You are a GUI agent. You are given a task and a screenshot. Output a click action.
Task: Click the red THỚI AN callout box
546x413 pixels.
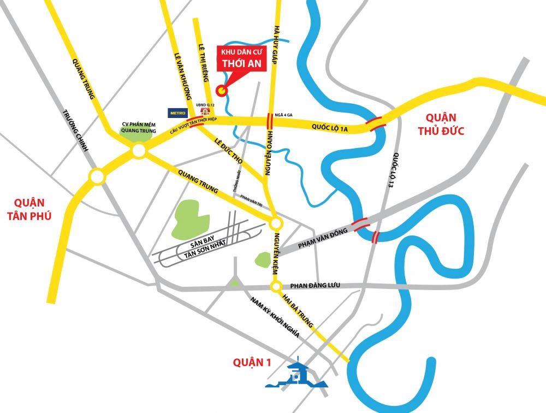[x=241, y=58]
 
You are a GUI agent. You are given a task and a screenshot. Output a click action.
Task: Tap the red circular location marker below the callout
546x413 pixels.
[x=221, y=90]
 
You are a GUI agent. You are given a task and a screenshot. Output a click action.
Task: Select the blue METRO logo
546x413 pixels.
[x=177, y=113]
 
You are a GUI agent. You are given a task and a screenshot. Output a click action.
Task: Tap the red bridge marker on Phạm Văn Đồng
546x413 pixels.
[x=360, y=223]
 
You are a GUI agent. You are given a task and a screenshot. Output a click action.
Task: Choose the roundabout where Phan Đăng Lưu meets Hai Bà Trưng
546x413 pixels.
[x=276, y=286]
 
